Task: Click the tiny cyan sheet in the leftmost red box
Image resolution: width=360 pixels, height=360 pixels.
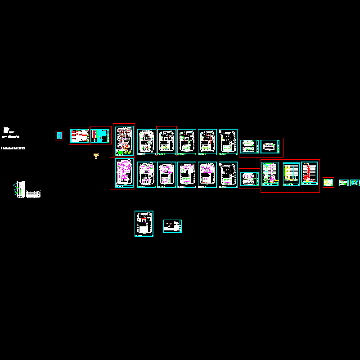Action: (59, 135)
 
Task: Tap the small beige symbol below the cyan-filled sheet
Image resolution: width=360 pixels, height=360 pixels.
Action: (96, 156)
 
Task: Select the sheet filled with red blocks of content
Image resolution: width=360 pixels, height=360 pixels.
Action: (79, 135)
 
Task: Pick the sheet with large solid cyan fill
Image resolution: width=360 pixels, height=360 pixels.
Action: (101, 135)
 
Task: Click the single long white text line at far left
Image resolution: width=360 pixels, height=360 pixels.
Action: (13, 148)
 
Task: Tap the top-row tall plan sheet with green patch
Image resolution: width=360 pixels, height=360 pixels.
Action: (124, 140)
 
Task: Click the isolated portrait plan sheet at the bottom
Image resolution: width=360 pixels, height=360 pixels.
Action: (144, 224)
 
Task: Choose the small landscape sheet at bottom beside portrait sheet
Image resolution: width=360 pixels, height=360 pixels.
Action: (172, 226)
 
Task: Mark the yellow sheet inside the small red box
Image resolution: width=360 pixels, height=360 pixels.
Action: (328, 183)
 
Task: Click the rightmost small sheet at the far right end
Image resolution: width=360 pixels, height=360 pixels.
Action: (355, 183)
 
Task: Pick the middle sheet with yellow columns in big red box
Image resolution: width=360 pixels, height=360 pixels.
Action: (291, 174)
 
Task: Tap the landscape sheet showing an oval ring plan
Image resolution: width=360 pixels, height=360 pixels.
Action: (270, 146)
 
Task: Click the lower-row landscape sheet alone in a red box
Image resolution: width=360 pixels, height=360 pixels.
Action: (249, 179)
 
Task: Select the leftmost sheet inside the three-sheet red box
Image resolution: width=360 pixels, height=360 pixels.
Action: (270, 174)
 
